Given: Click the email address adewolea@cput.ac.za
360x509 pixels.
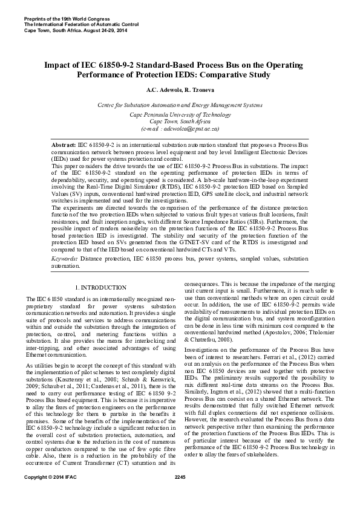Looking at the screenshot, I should (180, 129).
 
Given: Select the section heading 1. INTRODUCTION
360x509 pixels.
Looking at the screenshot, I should (100, 288).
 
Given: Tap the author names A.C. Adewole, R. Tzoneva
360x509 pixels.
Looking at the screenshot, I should (180, 90).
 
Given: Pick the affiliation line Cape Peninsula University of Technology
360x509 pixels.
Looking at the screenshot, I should (180, 114).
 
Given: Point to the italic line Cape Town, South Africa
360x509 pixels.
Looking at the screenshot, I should (180, 122).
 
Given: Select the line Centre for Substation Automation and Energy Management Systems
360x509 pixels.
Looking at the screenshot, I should (180, 105).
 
